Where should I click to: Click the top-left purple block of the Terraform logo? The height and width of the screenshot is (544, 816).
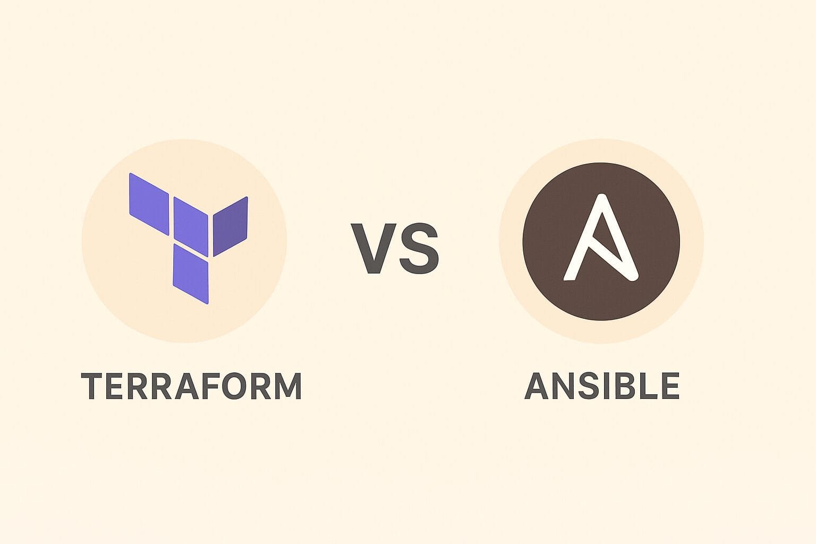click(x=149, y=203)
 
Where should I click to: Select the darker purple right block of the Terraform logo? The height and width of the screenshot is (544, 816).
click(x=230, y=226)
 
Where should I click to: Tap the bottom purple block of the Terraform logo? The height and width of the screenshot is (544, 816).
click(x=191, y=274)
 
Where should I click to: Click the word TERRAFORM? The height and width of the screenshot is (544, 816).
click(x=191, y=386)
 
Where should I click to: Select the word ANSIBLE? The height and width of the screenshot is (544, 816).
click(x=602, y=386)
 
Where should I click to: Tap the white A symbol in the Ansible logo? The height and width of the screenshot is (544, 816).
click(x=600, y=239)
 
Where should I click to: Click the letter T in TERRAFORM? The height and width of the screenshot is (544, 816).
click(x=91, y=386)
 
